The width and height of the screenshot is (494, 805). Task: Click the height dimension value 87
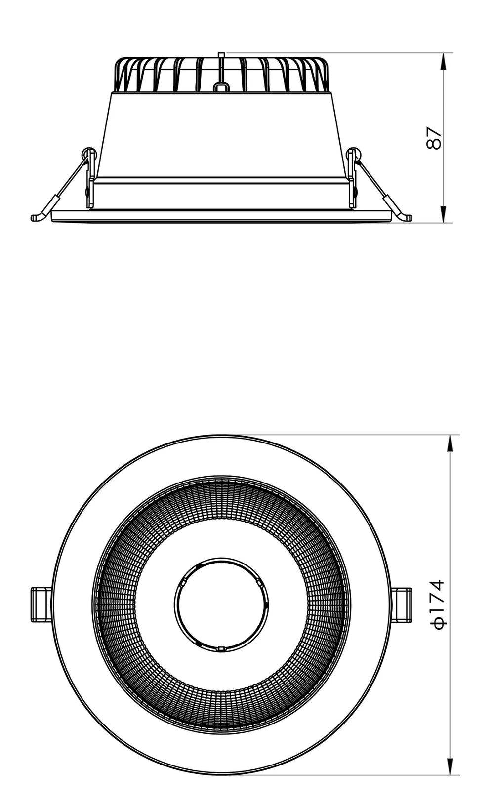[x=433, y=138]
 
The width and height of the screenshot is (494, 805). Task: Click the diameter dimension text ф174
[x=439, y=604]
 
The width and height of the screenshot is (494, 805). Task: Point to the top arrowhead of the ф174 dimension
[x=450, y=443]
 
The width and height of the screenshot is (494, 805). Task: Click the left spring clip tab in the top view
[x=41, y=604]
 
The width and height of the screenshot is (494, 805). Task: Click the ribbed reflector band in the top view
[x=221, y=499]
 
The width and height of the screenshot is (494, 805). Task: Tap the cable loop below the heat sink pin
[x=221, y=87]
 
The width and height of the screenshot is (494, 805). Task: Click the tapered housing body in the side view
[x=221, y=133]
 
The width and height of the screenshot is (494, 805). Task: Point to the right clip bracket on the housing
[x=352, y=178]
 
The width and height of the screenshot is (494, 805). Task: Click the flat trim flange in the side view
[x=221, y=216]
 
